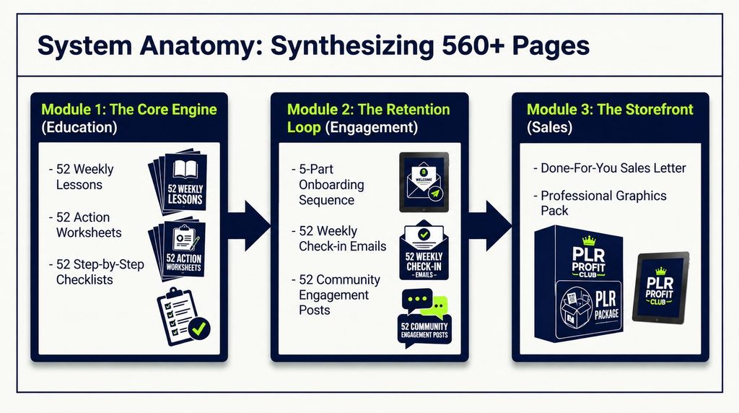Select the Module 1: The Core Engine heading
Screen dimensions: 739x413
(128, 109)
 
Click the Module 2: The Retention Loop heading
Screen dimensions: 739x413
(368, 118)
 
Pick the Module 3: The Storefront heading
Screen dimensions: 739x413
(610, 109)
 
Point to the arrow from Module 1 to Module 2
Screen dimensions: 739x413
(249, 225)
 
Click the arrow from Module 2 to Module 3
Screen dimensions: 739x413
(490, 225)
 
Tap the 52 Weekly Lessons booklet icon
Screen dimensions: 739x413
(179, 181)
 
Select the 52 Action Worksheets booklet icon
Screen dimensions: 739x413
(178, 248)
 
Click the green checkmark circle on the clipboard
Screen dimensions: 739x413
(199, 328)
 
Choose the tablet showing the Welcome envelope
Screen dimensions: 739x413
(424, 182)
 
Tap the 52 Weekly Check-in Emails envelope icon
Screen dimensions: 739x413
(424, 251)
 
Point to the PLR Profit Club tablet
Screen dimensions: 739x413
(661, 287)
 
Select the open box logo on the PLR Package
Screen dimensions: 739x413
(576, 307)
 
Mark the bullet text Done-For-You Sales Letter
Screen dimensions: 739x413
(609, 168)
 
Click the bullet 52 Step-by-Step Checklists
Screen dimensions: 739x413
(96, 272)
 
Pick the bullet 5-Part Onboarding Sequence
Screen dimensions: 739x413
(328, 184)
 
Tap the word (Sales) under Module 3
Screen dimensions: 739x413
(549, 127)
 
